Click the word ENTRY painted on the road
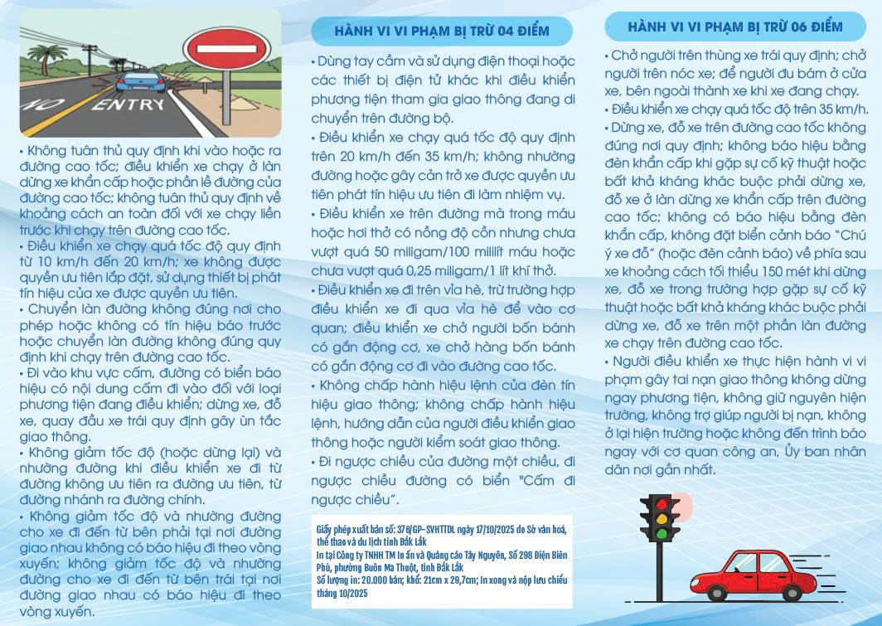pos(128,105)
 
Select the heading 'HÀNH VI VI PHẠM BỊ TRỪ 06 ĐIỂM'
pos(735,27)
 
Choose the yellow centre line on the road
pos(58,116)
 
